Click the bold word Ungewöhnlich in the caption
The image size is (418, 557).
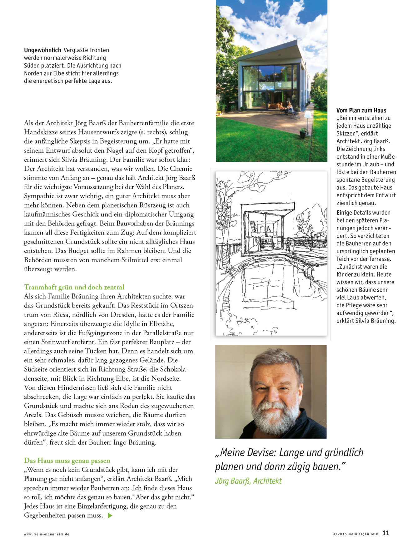coord(42,50)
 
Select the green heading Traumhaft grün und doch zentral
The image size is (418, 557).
coord(74,287)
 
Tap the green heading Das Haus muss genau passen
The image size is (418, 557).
coord(67,461)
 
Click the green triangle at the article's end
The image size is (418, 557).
coord(110,515)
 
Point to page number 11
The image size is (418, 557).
coord(386,533)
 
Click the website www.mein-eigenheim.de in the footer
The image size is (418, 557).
coord(47,534)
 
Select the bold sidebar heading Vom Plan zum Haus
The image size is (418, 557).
coord(361,111)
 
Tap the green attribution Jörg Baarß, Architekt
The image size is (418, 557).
coord(248,481)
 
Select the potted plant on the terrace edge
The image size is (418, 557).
coord(303,133)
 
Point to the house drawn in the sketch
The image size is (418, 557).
coord(266,228)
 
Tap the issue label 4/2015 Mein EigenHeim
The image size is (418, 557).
coord(356,534)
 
